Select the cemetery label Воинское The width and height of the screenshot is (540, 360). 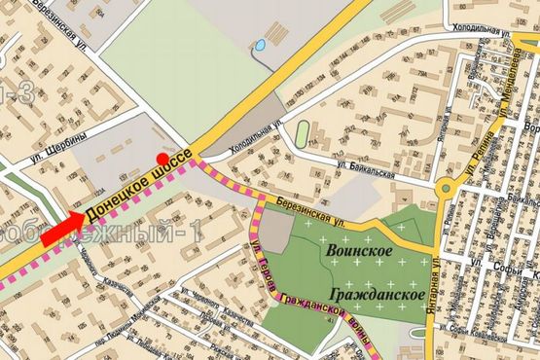pyautogui.click(x=357, y=253)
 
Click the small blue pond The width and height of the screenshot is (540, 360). pyautogui.click(x=260, y=46)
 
